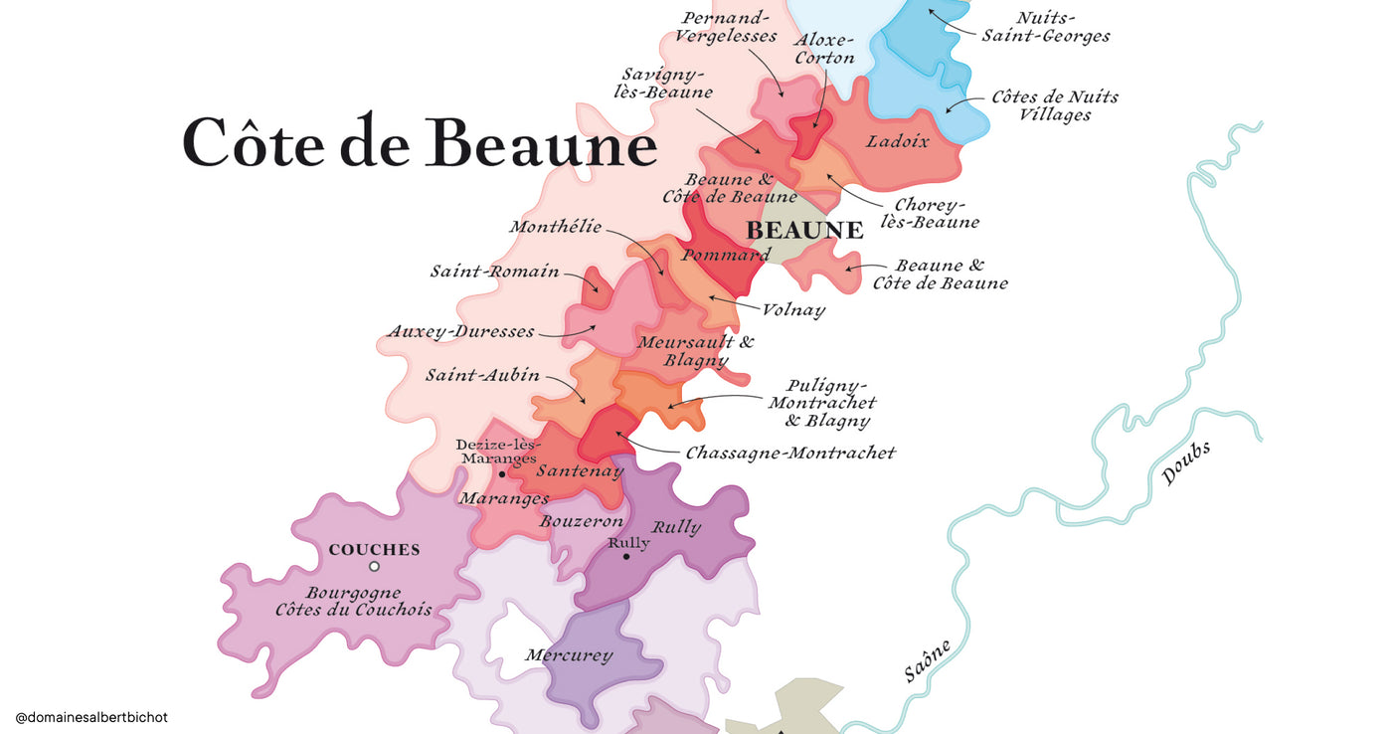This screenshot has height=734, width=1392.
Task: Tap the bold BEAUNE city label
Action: tap(804, 231)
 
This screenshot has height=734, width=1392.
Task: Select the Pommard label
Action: tap(725, 256)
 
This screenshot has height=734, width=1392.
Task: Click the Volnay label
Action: tap(793, 310)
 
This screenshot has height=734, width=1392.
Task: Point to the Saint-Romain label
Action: tap(494, 272)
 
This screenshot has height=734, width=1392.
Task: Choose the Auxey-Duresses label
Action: tap(461, 331)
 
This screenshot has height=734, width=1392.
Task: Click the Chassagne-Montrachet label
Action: tap(790, 454)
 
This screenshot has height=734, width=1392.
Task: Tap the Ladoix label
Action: tap(897, 142)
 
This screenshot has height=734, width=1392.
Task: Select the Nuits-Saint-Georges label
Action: tap(1045, 27)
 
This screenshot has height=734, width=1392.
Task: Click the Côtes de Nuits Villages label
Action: tap(1054, 106)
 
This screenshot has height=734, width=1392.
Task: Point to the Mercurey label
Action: tap(569, 655)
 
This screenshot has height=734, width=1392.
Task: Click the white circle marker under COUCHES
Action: tap(374, 567)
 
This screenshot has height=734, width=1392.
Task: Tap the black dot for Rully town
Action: tap(626, 557)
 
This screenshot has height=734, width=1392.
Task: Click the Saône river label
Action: tap(927, 661)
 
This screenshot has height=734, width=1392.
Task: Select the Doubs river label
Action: tap(1186, 464)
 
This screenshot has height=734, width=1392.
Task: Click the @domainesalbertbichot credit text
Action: tap(91, 716)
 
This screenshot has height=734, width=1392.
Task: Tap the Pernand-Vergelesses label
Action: tap(725, 27)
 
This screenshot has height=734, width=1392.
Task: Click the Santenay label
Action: tap(580, 471)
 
